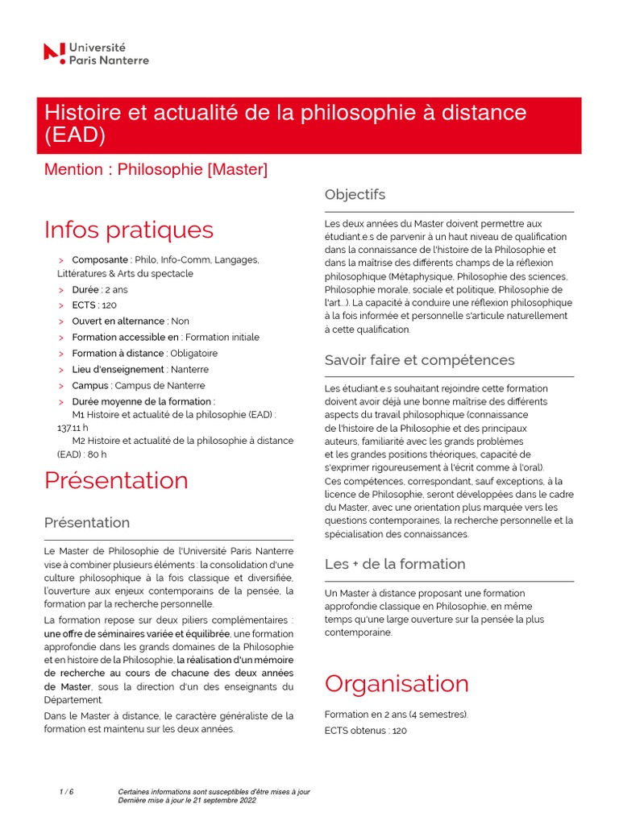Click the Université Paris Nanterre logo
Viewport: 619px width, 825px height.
(96, 53)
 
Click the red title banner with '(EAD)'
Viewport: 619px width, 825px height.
(312, 124)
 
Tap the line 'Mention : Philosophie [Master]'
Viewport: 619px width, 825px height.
(156, 169)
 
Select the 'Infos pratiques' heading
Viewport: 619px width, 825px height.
(129, 229)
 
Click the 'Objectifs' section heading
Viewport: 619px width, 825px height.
(355, 194)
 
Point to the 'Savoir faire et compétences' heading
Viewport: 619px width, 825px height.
(419, 359)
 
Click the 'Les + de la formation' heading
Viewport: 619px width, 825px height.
(395, 564)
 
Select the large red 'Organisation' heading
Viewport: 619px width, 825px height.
(397, 683)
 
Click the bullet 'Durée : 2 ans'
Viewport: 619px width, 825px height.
(100, 289)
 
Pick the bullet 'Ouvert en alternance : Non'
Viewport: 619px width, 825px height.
(131, 321)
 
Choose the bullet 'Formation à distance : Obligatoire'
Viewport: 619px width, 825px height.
(144, 353)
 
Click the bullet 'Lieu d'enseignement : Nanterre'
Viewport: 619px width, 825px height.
(140, 369)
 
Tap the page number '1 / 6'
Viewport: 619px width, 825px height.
(66, 792)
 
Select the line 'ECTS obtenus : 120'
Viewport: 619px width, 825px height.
(365, 730)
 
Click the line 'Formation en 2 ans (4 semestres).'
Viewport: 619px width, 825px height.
(396, 714)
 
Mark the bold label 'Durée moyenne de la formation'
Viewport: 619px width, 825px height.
(143, 401)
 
